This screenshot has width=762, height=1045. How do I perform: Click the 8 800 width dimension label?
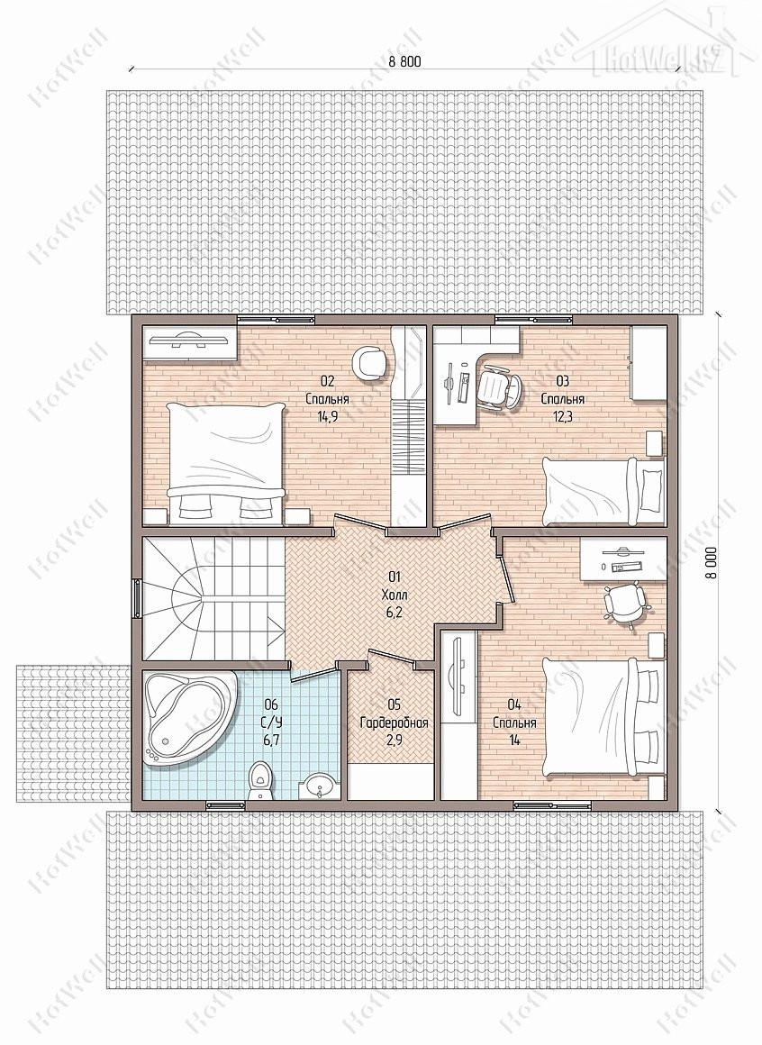pyautogui.click(x=405, y=61)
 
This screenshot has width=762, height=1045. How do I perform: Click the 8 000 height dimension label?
pyautogui.click(x=712, y=563)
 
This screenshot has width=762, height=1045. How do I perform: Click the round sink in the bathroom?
pyautogui.click(x=320, y=786)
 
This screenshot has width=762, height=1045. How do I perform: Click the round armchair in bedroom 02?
pyautogui.click(x=370, y=363)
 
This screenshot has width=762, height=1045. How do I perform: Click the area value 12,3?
pyautogui.click(x=562, y=417)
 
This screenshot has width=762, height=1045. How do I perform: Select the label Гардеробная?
pyautogui.click(x=394, y=723)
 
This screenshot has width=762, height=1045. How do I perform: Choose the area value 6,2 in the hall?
pyautogui.click(x=394, y=611)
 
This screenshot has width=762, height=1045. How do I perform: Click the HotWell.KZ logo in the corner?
pyautogui.click(x=663, y=41)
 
